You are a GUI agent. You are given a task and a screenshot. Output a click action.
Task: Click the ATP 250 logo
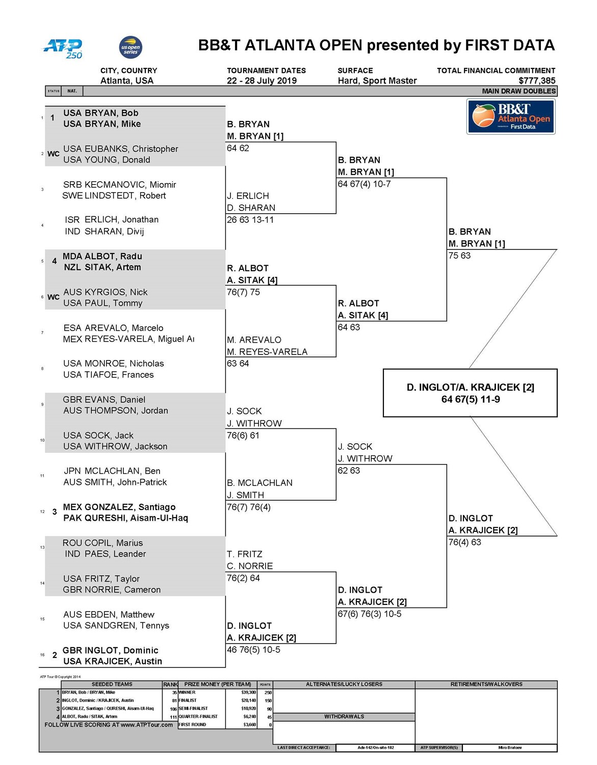(62, 48)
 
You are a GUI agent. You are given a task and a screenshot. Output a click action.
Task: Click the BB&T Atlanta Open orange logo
(510, 117)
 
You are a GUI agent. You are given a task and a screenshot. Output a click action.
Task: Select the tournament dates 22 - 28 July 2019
(262, 81)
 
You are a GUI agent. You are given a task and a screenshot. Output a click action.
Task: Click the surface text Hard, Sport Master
(377, 81)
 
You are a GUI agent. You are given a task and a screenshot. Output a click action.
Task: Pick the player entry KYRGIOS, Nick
(105, 292)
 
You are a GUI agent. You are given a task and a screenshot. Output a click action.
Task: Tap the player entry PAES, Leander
(105, 554)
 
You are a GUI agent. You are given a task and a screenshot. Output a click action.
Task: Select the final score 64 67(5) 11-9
(470, 399)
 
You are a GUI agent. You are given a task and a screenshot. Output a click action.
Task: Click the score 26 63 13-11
(250, 220)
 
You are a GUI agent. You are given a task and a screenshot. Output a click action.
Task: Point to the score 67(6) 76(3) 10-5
(369, 614)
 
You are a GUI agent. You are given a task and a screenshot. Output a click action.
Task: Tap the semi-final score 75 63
(459, 256)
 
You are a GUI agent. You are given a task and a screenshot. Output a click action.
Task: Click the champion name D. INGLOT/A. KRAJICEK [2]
(470, 387)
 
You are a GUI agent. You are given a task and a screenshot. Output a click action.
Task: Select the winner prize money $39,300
(248, 693)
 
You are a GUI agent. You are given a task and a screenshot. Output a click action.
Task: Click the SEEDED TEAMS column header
(112, 684)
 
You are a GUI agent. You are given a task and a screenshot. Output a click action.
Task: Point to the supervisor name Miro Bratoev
(509, 748)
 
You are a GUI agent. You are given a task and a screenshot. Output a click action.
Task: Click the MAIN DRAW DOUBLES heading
(518, 91)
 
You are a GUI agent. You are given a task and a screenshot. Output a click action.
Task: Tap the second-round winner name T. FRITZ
(245, 554)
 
